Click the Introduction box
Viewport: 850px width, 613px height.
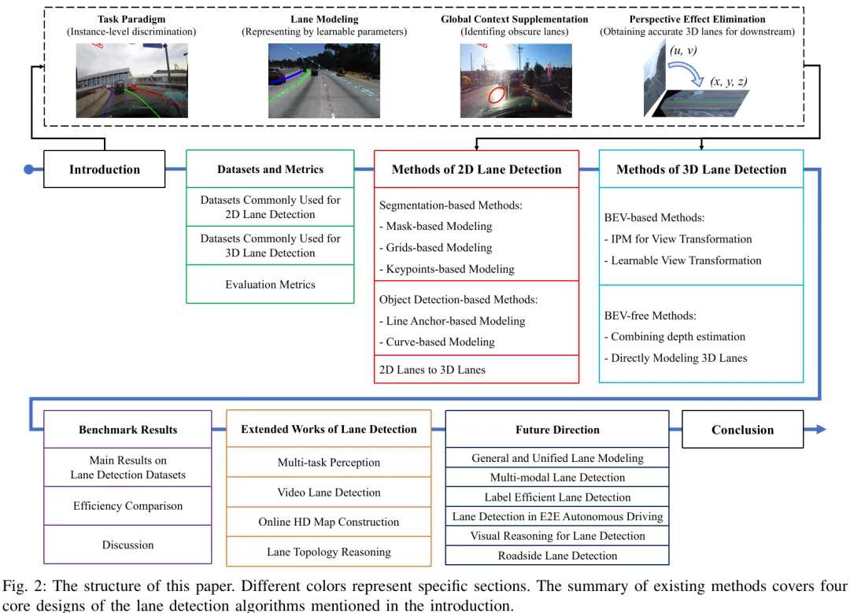[x=104, y=169]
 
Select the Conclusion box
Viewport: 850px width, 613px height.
[x=742, y=430]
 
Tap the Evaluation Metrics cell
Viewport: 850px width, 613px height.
[x=270, y=284]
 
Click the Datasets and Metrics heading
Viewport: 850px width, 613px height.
[x=270, y=169]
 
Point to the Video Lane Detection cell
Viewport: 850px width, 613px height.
[x=328, y=493]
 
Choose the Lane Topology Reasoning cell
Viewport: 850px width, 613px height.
[x=328, y=552]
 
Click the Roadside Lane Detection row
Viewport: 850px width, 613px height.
[x=557, y=556]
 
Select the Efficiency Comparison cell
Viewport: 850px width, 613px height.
[x=128, y=506]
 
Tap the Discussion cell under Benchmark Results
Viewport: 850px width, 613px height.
[x=128, y=545]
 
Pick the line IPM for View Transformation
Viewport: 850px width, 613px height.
[x=681, y=239]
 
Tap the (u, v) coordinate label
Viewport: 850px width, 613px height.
[x=682, y=51]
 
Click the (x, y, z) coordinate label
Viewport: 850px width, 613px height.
[x=728, y=81]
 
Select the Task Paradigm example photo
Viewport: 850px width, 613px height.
[x=131, y=80]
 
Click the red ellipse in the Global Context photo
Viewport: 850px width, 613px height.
[x=497, y=95]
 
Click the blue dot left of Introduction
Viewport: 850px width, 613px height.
[x=29, y=169]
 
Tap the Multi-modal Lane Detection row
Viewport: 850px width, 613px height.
[x=557, y=478]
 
